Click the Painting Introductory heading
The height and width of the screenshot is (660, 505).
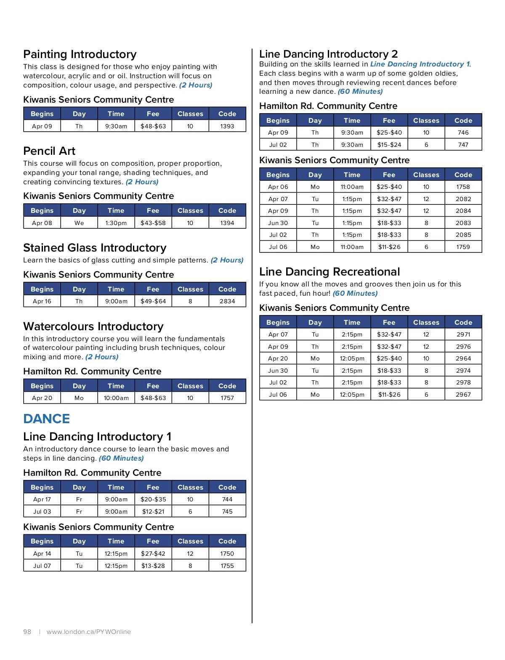(80, 54)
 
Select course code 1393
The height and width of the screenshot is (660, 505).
(227, 126)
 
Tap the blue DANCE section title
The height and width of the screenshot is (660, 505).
(47, 419)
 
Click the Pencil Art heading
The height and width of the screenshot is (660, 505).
(49, 151)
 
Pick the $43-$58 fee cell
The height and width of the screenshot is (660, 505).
(153, 223)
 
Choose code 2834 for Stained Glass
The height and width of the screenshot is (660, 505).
(227, 301)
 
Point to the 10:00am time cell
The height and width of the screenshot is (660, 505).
(116, 398)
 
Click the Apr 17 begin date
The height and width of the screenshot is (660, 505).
(42, 499)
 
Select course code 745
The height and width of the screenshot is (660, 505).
(227, 512)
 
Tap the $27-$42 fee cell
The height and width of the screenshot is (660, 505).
(153, 554)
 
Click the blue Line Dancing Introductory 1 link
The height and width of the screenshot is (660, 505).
(420, 64)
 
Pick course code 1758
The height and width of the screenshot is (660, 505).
(463, 187)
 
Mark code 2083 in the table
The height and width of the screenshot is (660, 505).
(463, 223)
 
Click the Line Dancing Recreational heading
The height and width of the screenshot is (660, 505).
(330, 272)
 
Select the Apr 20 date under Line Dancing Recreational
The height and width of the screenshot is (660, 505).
(278, 358)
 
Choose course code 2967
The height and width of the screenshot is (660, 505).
(463, 395)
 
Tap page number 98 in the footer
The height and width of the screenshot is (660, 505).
(27, 632)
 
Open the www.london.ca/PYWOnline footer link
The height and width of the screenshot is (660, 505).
(89, 632)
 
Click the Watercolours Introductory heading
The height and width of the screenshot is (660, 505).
(93, 326)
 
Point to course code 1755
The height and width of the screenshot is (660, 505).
(227, 566)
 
